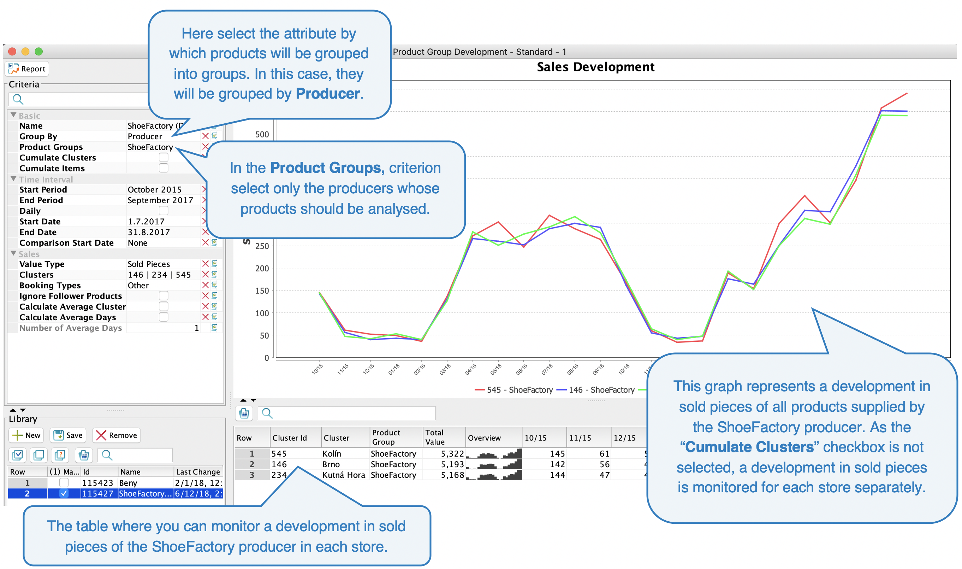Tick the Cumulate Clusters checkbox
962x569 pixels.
[164, 158]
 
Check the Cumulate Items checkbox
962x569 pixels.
[164, 168]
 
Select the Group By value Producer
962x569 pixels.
[145, 136]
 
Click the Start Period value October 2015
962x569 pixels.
[154, 190]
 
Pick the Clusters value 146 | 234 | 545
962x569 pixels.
[159, 275]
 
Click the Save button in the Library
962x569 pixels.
[68, 435]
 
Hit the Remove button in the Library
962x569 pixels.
[117, 435]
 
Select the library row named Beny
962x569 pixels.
[128, 483]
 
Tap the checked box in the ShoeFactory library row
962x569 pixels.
[64, 494]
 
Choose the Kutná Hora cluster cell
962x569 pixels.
[344, 475]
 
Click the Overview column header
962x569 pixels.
[484, 438]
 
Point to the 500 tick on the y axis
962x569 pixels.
[262, 135]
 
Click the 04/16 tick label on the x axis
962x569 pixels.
[470, 369]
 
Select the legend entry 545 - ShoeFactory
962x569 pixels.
[514, 390]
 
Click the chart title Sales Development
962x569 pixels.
[595, 67]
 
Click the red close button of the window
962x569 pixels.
[12, 52]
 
